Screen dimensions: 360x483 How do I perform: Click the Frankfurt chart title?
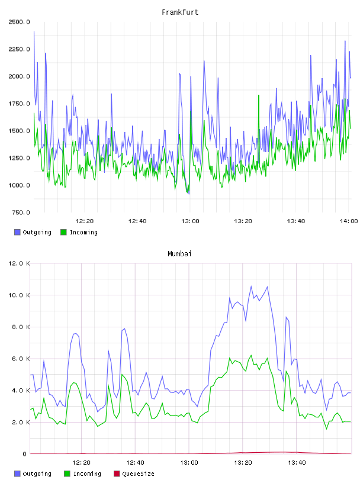pos(180,12)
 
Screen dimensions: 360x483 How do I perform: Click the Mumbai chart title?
pos(179,254)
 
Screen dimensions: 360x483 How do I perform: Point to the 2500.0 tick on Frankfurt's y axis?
pos(19,22)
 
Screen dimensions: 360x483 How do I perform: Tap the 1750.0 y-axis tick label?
pos(19,104)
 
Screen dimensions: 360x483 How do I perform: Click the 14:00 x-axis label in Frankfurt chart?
pos(349,221)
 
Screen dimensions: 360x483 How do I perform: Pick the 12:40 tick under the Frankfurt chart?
pos(137,221)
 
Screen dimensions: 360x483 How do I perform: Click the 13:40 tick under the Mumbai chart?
pos(297,462)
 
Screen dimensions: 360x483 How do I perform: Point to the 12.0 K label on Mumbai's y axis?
pos(19,263)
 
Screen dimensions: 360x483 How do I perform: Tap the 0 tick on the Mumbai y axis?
pos(24,454)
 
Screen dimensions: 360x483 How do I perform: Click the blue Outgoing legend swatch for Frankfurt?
pos(17,232)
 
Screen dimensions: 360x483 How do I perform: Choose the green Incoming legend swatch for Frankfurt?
pos(63,232)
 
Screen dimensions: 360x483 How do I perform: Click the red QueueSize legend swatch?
pos(117,474)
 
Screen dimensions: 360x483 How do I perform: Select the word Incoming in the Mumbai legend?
pos(87,474)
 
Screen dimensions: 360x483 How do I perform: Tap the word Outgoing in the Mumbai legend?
pos(37,474)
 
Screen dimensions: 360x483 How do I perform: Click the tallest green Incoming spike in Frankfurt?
pos(259,95)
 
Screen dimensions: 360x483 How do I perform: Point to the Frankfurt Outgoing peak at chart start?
pos(34,31)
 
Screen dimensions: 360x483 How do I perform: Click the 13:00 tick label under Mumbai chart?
pos(189,462)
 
